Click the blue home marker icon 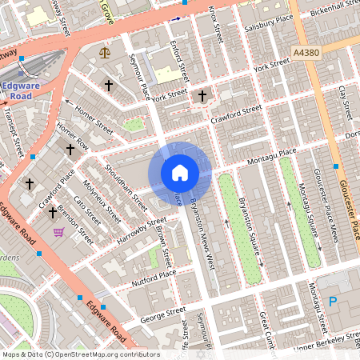pyautogui.click(x=180, y=172)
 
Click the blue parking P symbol pyautogui.click(x=333, y=302)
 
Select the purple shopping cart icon pyautogui.click(x=58, y=232)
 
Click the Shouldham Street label pyautogui.click(x=122, y=183)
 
